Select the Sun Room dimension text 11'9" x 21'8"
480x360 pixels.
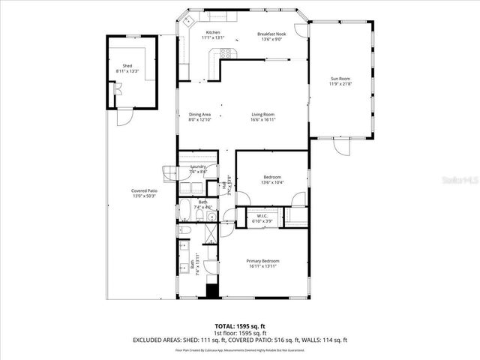[x=340, y=83]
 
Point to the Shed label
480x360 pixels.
[x=127, y=65]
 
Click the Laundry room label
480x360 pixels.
[x=199, y=166]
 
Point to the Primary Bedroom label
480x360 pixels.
[x=262, y=260]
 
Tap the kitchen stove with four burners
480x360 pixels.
[x=226, y=52]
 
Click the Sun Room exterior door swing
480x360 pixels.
[x=341, y=147]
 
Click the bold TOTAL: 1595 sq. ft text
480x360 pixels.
[x=240, y=325]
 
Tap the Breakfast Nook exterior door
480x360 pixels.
[x=301, y=29]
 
